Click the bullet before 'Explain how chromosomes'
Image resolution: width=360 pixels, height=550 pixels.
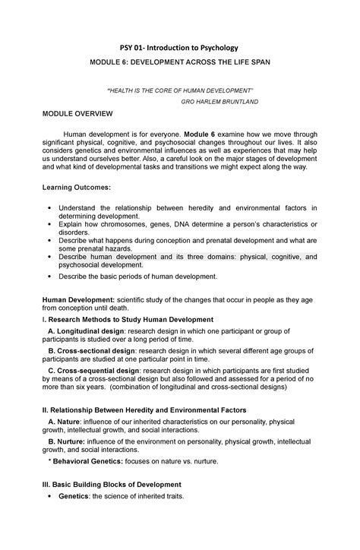(x=50, y=226)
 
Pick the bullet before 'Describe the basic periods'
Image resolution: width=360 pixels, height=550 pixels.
(x=50, y=277)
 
